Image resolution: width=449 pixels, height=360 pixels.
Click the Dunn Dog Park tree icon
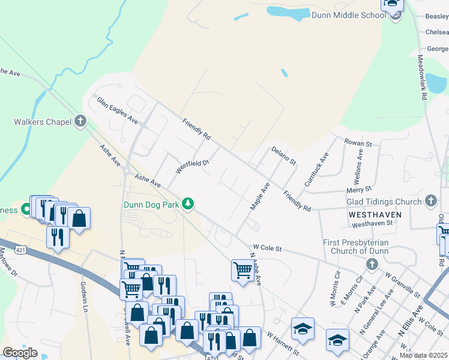(x=188, y=205)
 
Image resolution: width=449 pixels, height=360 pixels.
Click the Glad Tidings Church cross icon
(x=430, y=202)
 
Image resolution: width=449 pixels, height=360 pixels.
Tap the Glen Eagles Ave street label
(x=118, y=110)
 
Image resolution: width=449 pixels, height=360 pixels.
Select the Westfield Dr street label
(x=191, y=166)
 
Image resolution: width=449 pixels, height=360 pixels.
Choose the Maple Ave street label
(x=259, y=197)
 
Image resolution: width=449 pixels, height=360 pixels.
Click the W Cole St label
(x=268, y=247)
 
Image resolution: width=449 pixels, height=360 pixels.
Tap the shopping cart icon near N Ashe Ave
(x=242, y=270)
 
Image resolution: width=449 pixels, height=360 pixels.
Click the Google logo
(x=20, y=353)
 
